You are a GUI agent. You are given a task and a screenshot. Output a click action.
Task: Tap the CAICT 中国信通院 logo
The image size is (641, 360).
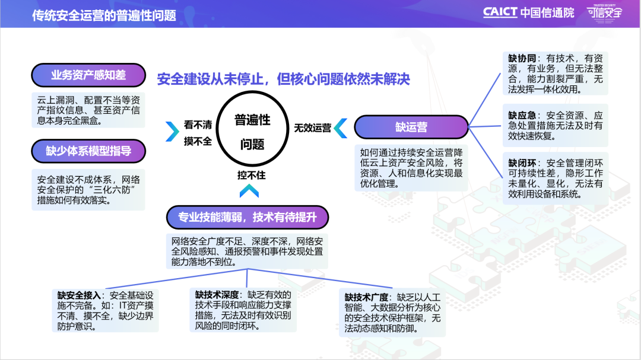click(528, 12)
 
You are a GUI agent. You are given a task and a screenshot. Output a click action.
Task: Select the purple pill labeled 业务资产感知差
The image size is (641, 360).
click(88, 75)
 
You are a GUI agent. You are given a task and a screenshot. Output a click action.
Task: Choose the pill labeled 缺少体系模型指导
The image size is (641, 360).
click(88, 151)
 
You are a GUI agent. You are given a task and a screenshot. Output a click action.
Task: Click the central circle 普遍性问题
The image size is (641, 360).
click(252, 131)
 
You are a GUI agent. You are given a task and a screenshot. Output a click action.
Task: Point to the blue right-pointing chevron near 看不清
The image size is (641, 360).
click(172, 130)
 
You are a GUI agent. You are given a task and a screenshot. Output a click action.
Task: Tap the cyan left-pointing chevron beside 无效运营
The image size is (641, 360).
click(340, 128)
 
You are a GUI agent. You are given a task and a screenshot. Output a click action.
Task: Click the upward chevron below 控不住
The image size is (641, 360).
click(249, 190)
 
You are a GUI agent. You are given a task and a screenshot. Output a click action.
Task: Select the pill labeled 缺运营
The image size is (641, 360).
click(411, 128)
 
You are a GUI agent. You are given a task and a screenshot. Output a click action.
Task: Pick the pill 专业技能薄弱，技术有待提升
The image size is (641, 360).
click(247, 218)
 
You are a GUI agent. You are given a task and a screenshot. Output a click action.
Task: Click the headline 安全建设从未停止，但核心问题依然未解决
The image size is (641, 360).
click(283, 79)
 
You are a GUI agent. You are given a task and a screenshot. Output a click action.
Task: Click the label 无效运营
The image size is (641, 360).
click(313, 128)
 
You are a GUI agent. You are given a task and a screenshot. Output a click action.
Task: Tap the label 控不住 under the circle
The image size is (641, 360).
click(251, 175)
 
